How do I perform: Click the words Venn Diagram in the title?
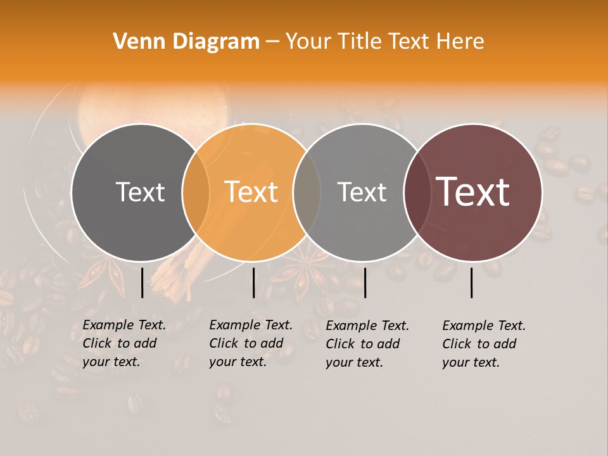point(186,42)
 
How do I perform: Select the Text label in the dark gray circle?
point(140,192)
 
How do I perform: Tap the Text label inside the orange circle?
point(251,192)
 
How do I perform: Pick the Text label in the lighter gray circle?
point(362,192)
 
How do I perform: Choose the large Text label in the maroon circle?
point(472,192)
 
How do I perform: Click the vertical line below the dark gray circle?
point(142,282)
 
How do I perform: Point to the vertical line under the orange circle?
point(253,282)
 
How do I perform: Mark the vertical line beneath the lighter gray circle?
point(365,282)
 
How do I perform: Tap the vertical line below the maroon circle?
point(472,282)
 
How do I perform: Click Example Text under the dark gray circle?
point(124,325)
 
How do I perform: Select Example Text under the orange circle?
point(251,325)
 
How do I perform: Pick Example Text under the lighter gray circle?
point(367,326)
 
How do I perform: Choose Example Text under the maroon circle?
point(484,326)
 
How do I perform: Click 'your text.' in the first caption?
point(111,362)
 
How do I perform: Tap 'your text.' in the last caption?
point(471,362)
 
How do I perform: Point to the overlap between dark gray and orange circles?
point(196,192)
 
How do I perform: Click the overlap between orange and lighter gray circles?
point(307,192)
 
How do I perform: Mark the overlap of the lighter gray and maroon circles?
point(415,192)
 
